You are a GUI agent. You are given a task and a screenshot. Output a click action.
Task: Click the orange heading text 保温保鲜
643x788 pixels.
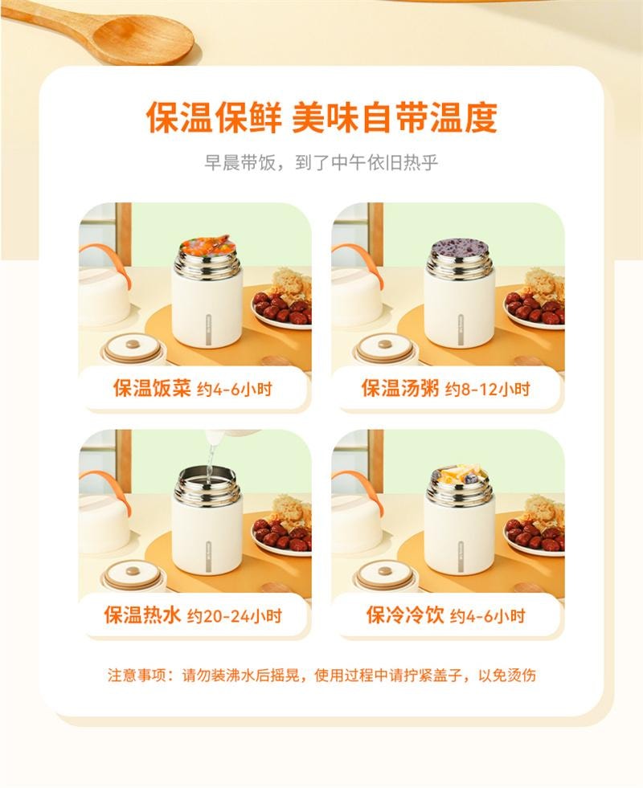pos(213,117)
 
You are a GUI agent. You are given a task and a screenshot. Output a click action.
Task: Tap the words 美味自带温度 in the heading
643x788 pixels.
pos(394,117)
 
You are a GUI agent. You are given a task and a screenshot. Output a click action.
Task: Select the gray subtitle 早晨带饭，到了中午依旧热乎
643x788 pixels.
pos(321,163)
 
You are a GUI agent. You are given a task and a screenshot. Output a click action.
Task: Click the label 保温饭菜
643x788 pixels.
pos(151,390)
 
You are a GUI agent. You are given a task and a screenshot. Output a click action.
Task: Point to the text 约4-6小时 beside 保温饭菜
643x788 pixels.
pos(235,390)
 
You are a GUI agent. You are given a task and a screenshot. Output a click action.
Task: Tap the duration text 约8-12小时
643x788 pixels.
pos(488,390)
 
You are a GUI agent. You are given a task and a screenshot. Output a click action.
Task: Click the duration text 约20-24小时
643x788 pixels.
pos(234,617)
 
